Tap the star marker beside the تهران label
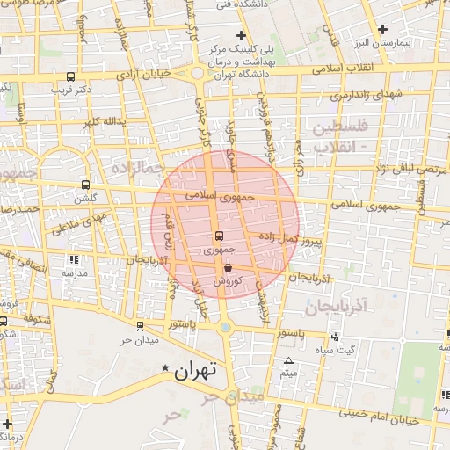[163, 371]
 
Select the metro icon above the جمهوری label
[219, 236]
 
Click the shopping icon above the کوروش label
[228, 268]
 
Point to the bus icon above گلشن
[85, 185]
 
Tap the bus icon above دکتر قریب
[70, 76]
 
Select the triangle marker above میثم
[288, 360]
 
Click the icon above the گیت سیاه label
[334, 337]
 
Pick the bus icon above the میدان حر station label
[140, 326]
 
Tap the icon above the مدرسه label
[74, 260]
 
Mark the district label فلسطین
[331, 128]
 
